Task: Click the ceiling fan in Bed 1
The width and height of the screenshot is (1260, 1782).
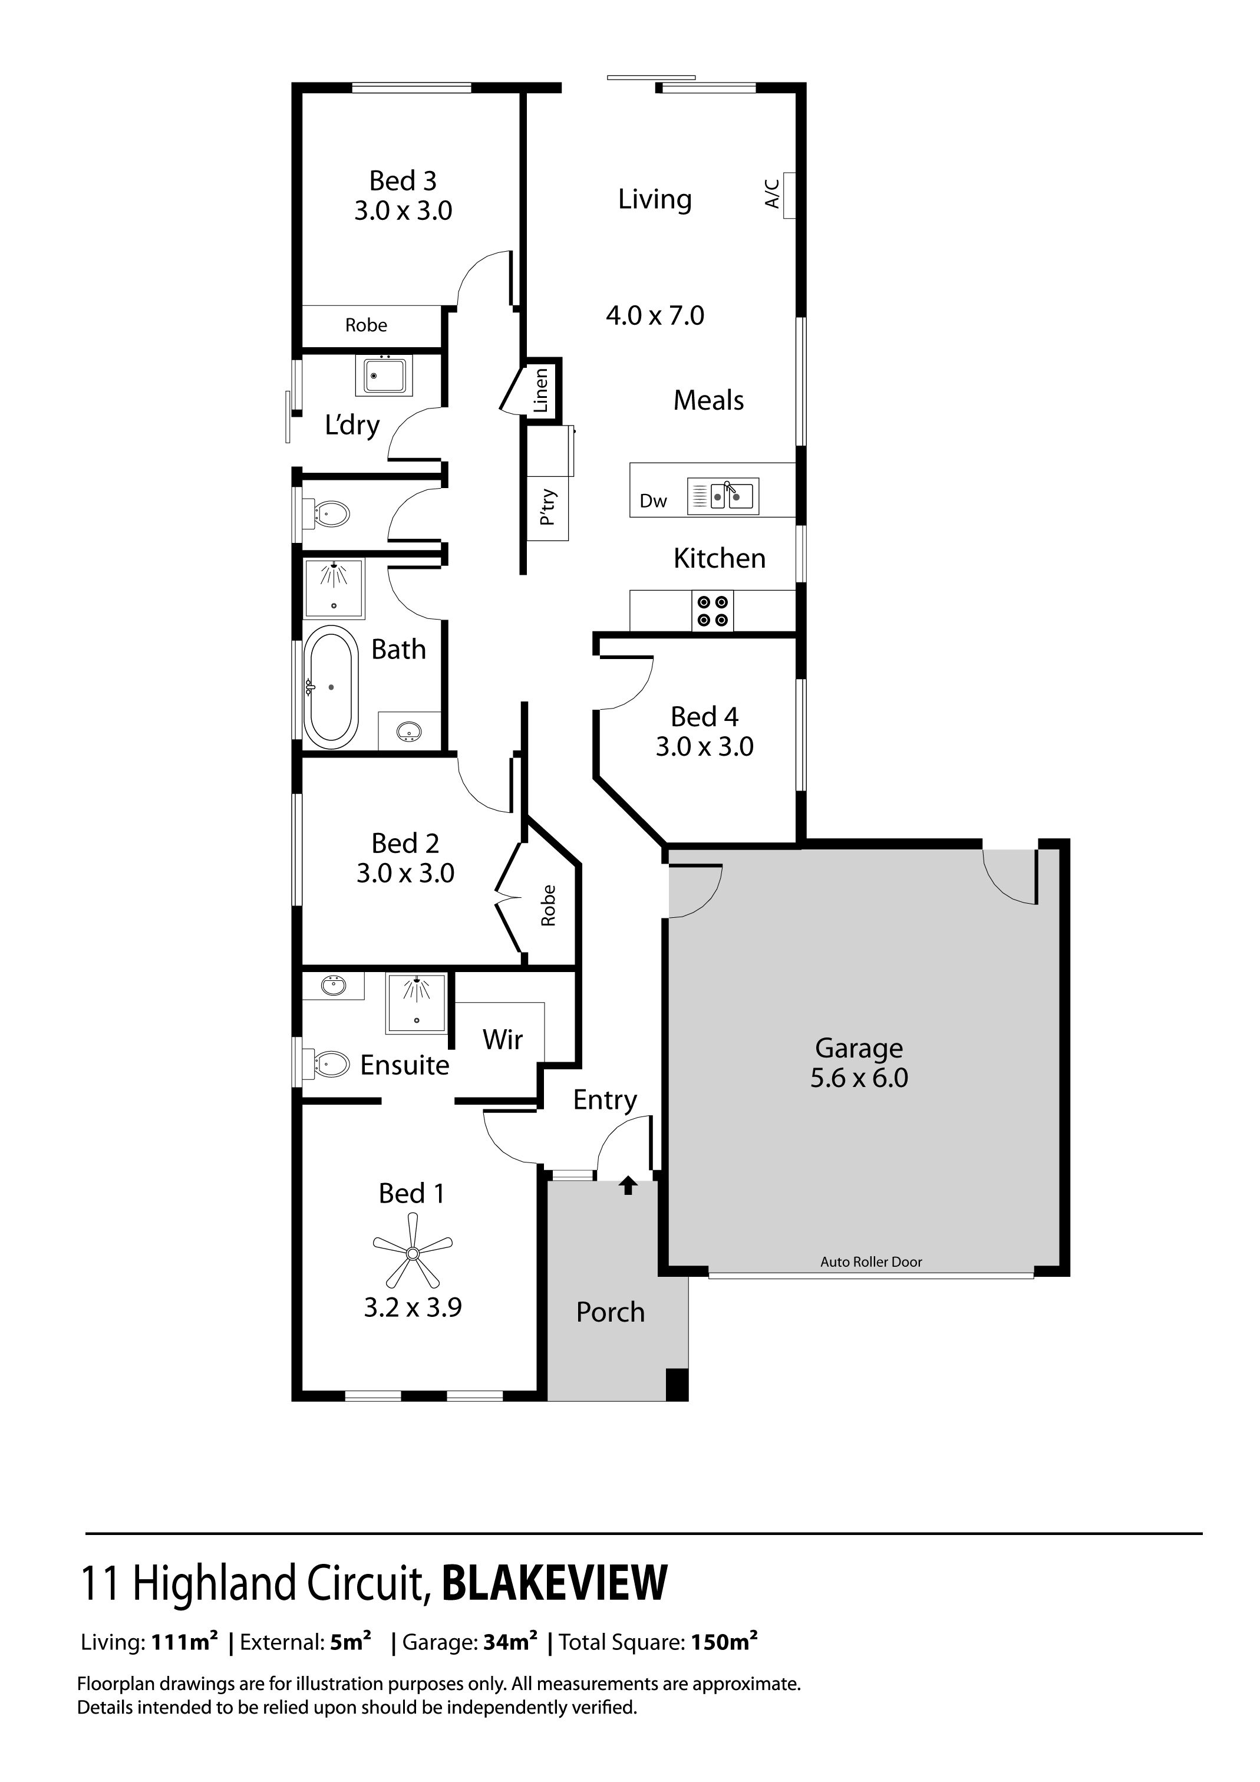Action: click(413, 1253)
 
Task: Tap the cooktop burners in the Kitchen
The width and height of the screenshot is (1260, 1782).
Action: click(713, 611)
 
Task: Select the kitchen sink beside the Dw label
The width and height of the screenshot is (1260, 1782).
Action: click(723, 497)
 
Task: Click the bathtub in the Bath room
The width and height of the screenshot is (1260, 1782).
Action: click(331, 687)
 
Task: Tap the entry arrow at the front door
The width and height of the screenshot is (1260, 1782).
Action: click(628, 1185)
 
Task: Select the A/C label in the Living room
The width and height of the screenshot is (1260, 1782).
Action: click(772, 193)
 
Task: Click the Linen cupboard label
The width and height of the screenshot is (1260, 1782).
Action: click(541, 390)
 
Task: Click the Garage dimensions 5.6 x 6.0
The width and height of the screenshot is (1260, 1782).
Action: click(859, 1078)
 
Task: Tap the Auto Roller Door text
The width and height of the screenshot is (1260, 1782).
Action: click(871, 1262)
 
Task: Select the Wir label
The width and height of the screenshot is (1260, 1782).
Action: click(503, 1039)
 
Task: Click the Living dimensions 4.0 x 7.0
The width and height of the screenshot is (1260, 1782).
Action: click(655, 316)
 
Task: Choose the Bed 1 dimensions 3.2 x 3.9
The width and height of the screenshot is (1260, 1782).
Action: click(413, 1308)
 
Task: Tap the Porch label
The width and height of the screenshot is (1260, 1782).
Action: click(611, 1312)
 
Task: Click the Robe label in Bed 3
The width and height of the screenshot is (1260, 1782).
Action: click(366, 325)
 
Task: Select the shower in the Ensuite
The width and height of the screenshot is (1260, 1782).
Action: click(417, 1002)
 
